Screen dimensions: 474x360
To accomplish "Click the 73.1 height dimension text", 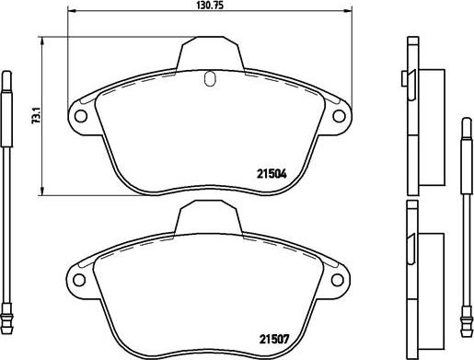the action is [x=37, y=115].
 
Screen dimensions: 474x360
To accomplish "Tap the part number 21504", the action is [x=272, y=174].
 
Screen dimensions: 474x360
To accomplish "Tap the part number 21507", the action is [x=274, y=339].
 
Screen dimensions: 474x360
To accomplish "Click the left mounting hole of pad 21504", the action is [x=81, y=116].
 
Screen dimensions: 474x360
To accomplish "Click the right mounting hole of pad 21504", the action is [x=339, y=116].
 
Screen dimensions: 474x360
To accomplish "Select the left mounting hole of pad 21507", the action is [x=79, y=280].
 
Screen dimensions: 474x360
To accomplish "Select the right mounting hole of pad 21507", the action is [x=338, y=280].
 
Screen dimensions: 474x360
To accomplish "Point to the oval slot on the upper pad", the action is [x=210, y=78].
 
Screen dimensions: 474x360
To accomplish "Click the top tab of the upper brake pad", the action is [x=211, y=52].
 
